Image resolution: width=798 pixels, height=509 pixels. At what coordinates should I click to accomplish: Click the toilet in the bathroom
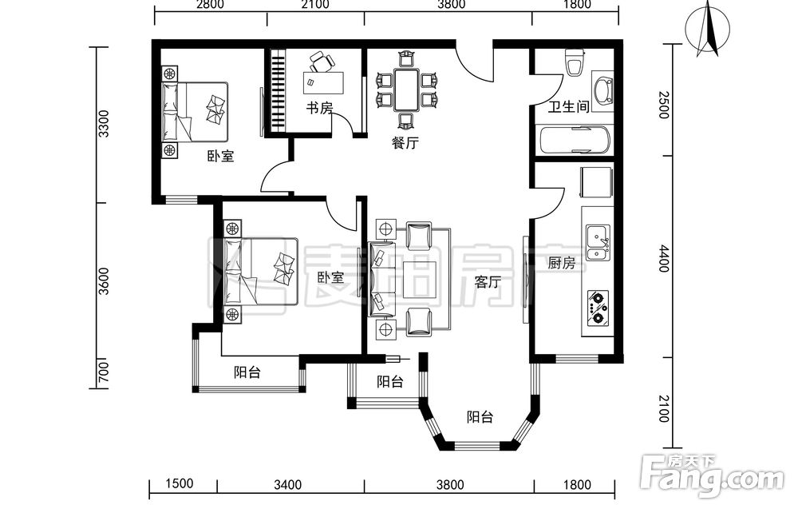(x=574, y=62)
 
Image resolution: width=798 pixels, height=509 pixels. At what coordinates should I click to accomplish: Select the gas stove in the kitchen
(x=598, y=308)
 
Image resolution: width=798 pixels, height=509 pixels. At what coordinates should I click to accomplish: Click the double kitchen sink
(x=598, y=243)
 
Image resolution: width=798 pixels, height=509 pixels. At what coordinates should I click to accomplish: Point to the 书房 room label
(x=319, y=108)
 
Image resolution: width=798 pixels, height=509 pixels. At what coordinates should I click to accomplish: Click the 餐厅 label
(x=405, y=142)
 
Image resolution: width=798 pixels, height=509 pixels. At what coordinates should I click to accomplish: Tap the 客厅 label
(x=488, y=281)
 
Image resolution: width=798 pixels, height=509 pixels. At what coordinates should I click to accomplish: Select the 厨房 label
(x=561, y=263)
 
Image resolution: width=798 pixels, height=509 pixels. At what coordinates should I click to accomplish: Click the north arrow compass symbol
(x=708, y=29)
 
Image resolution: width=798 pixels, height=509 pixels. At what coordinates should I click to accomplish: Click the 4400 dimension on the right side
(x=664, y=258)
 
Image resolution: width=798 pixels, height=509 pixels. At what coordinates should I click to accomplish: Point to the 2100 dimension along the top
(x=315, y=5)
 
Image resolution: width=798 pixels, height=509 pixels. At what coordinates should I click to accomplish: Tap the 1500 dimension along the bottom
(x=179, y=483)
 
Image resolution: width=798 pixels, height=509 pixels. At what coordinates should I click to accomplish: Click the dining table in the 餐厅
(x=407, y=90)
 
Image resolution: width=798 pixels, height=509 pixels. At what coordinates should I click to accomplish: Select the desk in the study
(x=323, y=83)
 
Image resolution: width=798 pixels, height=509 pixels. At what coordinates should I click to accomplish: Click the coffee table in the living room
(x=420, y=279)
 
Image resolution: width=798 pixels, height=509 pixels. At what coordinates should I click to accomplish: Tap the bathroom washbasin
(x=603, y=92)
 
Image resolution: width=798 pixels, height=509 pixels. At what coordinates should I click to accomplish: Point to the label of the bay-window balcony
(x=480, y=417)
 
